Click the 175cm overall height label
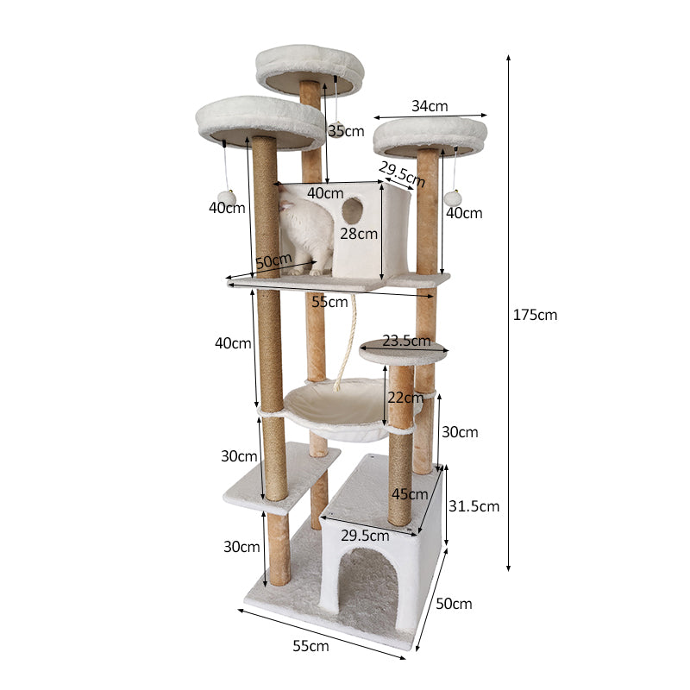535,315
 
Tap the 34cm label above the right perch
429,106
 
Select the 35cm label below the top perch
345,131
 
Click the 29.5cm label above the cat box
402,175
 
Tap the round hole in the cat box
352,210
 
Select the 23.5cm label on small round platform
406,341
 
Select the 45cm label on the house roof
409,494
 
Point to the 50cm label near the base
454,604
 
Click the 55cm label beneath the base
310,645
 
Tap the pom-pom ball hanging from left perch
227,198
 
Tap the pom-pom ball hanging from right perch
453,198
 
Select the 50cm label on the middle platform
273,260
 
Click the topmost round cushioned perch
309,65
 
